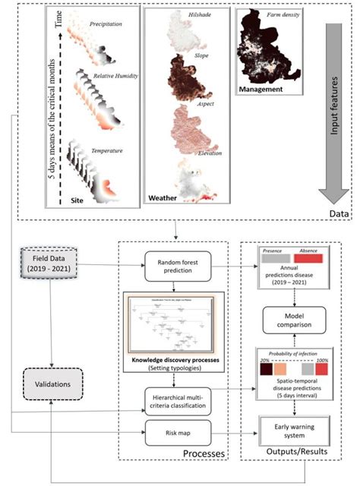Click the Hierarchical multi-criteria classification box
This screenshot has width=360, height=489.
175,400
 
